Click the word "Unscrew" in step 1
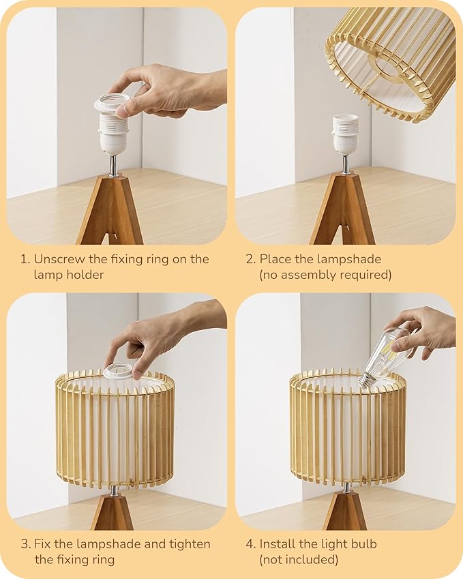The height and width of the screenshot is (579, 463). [59, 259]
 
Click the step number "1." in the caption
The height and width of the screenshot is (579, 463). [25, 259]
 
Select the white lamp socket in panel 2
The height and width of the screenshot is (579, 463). [345, 133]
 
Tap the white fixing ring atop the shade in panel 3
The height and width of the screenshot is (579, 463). [118, 372]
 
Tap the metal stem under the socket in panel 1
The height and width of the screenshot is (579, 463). [113, 165]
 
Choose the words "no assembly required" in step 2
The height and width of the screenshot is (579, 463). [325, 275]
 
